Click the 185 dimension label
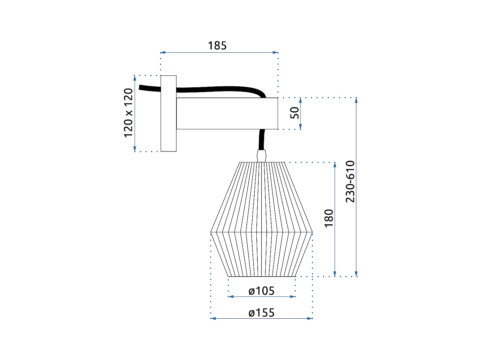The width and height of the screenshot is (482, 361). click(x=217, y=46)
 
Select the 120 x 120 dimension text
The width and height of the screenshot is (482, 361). click(x=129, y=113)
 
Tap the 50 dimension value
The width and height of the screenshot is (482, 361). click(x=294, y=113)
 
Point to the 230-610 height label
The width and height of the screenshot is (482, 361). click(x=350, y=182)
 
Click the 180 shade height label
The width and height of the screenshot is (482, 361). click(x=329, y=218)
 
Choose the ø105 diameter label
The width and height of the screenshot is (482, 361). click(x=262, y=291)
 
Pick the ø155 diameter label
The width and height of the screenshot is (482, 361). click(x=262, y=313)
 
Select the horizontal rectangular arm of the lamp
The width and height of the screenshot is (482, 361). click(x=227, y=114)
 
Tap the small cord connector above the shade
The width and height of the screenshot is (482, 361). click(x=262, y=156)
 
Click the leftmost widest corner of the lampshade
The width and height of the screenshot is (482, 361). click(x=211, y=232)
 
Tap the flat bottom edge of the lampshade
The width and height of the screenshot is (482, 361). click(x=262, y=276)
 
